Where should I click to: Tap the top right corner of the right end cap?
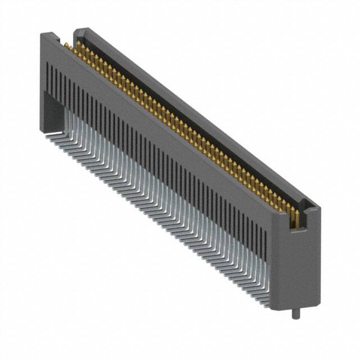[319, 209]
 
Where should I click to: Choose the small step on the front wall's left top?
[56, 38]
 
